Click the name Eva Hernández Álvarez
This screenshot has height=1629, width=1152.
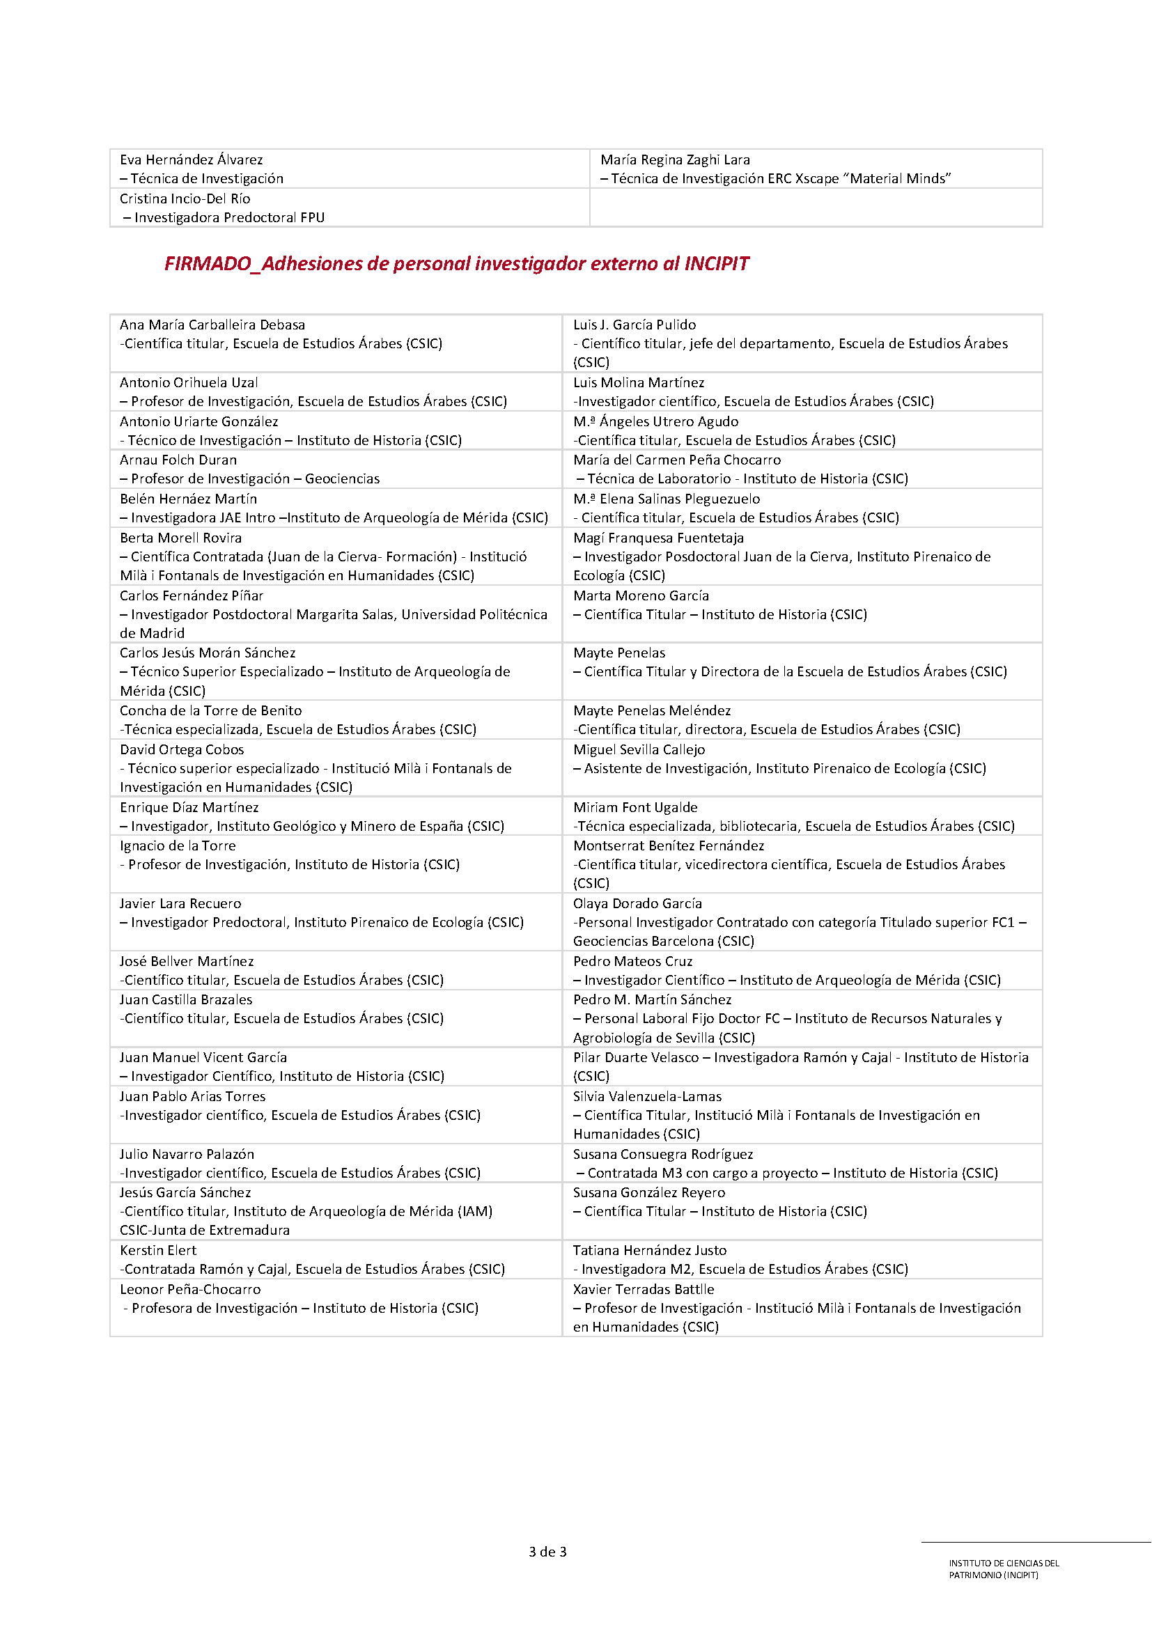(x=191, y=159)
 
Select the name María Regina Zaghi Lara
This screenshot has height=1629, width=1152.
(x=675, y=159)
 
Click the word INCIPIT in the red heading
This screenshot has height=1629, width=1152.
(x=716, y=264)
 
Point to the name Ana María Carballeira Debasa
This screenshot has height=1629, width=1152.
(x=212, y=325)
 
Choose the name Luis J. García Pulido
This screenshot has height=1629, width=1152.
(x=635, y=325)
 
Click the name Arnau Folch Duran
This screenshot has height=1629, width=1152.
(x=178, y=460)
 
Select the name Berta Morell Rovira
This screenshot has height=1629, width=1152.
(x=180, y=538)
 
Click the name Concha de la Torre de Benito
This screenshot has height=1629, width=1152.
(x=210, y=710)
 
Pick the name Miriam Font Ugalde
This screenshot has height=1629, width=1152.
(x=635, y=807)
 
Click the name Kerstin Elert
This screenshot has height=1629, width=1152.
(x=158, y=1250)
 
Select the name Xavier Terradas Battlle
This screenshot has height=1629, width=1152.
(x=644, y=1289)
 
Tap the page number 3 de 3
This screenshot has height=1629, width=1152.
(x=547, y=1552)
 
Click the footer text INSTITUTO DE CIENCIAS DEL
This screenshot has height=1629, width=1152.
(x=1004, y=1563)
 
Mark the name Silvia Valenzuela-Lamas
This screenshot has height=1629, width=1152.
(x=647, y=1096)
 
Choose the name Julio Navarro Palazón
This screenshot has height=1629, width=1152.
(x=187, y=1154)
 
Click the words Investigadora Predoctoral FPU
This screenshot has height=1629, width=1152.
(x=229, y=218)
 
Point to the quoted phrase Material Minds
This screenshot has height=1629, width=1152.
(x=900, y=179)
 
